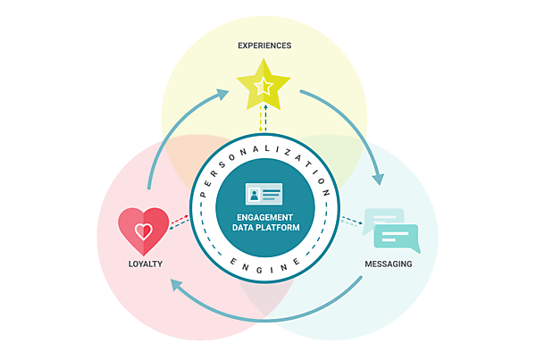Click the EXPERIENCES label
264,44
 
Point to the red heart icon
143,231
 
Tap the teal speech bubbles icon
393,230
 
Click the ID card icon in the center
264,193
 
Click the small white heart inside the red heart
143,233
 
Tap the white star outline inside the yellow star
264,87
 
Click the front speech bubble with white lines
398,237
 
